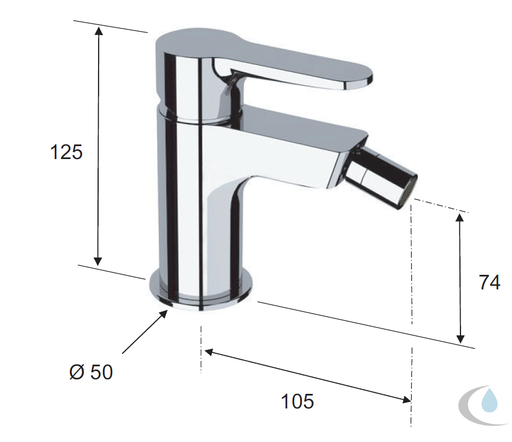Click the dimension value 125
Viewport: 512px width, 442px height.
click(x=66, y=152)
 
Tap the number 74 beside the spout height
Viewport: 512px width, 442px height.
click(x=489, y=282)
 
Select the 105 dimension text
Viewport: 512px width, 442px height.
click(x=297, y=401)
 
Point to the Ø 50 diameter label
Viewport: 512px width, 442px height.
click(x=91, y=372)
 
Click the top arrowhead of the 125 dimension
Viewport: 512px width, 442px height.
click(x=99, y=31)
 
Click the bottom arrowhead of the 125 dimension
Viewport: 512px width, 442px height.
click(x=98, y=261)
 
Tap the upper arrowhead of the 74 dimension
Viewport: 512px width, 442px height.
click(x=460, y=217)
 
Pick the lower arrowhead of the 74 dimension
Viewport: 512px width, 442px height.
click(x=461, y=339)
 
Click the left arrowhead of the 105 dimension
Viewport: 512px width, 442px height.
click(x=209, y=352)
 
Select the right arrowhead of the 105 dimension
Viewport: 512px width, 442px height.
click(x=406, y=399)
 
